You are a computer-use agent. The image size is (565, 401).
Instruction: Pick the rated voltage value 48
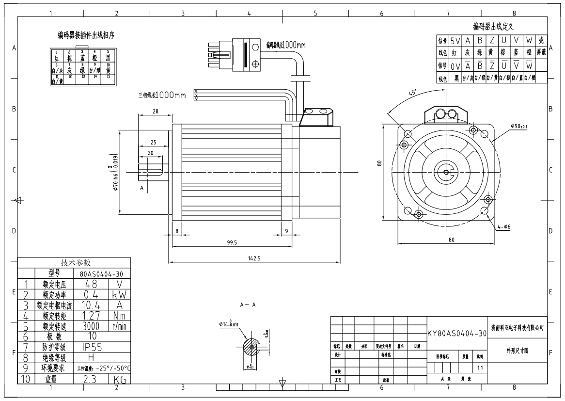[92, 284]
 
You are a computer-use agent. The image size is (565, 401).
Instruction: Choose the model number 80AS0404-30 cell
[100, 273]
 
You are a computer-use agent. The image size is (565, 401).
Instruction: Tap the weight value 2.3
[92, 380]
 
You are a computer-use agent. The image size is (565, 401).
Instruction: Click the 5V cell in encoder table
[455, 41]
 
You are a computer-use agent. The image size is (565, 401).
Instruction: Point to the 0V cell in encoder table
[455, 65]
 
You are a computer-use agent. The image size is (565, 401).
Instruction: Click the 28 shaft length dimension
[155, 112]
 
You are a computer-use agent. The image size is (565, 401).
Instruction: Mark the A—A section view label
[247, 305]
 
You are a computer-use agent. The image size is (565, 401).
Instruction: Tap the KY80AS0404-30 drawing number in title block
[456, 334]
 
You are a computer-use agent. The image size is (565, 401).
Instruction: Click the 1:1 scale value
[480, 368]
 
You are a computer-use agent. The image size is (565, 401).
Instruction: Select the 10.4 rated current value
[92, 305]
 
